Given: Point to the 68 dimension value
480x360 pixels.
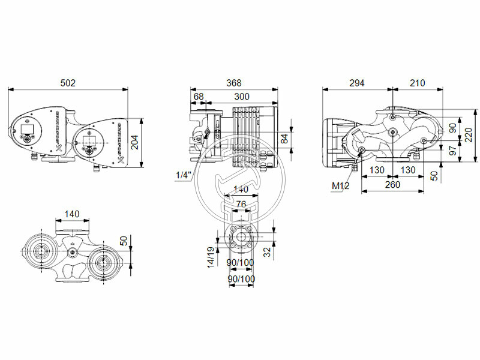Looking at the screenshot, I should (199, 96).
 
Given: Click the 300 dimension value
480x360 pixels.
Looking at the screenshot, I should (242, 96).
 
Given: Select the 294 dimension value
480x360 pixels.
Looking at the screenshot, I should (356, 83).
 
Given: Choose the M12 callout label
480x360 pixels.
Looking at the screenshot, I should (340, 186).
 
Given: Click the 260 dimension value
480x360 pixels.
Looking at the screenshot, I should (392, 185).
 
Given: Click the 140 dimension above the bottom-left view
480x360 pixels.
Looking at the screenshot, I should (71, 214).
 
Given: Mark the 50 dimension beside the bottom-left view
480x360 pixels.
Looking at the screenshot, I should (124, 241).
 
